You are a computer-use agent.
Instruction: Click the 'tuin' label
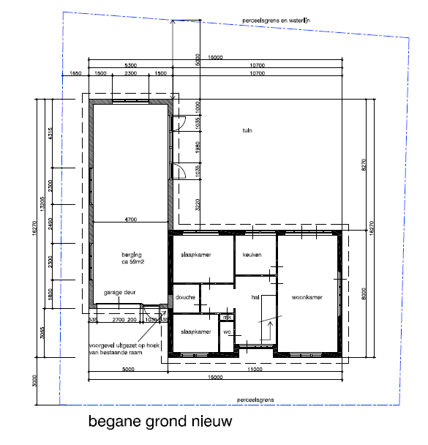tap(247, 131)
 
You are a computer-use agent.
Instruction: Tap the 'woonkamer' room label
tap(307, 298)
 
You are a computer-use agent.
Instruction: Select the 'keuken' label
tap(252, 255)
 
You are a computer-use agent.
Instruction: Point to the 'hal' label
tap(255, 297)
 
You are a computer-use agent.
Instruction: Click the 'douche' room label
tap(185, 297)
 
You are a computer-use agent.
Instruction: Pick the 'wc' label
tap(228, 332)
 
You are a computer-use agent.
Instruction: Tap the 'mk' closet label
tap(227, 318)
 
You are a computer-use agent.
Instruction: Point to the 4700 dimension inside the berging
tap(131, 219)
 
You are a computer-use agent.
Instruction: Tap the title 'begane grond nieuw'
tap(159, 422)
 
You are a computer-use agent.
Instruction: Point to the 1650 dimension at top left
tap(75, 74)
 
